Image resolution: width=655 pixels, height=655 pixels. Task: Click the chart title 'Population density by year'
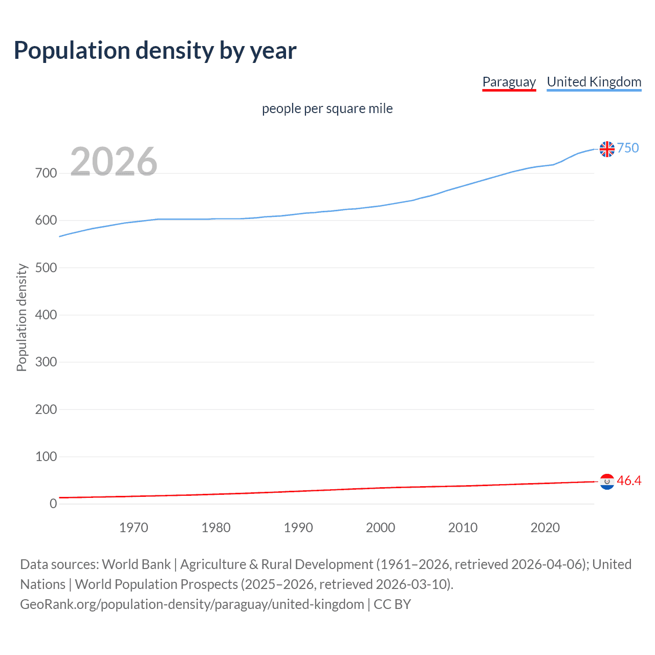pos(155,51)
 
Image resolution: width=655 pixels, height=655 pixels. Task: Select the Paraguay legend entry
pos(509,82)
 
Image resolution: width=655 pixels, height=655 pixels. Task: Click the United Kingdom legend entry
pos(594,82)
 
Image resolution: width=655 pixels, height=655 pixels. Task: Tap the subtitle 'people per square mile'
pos(327,108)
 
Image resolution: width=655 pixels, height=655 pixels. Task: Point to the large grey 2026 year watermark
pos(114,162)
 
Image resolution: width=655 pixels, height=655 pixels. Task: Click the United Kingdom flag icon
pos(607,149)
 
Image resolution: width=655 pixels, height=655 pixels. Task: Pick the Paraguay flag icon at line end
pos(607,482)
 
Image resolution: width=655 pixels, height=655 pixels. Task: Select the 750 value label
pos(628,148)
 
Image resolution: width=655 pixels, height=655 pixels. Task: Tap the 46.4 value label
pos(629,481)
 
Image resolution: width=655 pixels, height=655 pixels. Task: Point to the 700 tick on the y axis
pos(46,173)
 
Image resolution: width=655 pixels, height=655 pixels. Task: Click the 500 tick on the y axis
pos(46,268)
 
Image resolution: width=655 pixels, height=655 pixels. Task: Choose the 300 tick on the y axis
pos(46,362)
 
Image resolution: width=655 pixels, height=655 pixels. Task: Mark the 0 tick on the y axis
pos(53,504)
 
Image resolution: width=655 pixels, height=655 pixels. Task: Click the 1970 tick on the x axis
pos(134,528)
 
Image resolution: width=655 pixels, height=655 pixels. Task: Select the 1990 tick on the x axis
pos(298,528)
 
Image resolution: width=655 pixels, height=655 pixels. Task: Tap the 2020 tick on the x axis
pos(545,528)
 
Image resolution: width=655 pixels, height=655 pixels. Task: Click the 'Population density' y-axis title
pos(21,317)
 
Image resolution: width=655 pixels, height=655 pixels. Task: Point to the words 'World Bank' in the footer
pos(136,564)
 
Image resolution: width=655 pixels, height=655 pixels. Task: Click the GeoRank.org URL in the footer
pos(192,604)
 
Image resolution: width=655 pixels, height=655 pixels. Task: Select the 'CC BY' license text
pos(392,604)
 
